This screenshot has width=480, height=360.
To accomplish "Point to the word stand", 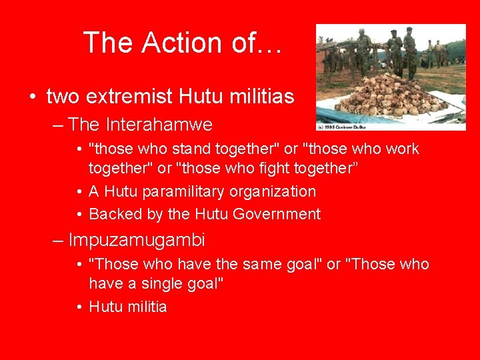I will click(170, 149).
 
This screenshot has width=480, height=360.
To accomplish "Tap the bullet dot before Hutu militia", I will click(79, 307).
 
